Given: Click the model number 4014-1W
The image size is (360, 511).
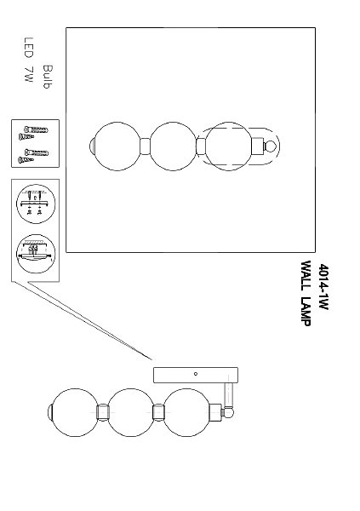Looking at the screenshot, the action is (x=323, y=286).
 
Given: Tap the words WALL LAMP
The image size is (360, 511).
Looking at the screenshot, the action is (x=306, y=293).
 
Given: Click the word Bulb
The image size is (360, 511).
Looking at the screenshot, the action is (x=48, y=77).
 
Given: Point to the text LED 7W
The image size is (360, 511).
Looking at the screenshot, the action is (x=29, y=60).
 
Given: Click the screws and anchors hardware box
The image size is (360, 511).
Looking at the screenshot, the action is (x=35, y=143).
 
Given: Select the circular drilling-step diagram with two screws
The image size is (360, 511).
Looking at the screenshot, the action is (x=36, y=204).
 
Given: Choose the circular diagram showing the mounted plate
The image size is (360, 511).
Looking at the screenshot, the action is (x=36, y=253).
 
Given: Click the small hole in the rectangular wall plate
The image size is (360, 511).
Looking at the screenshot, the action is (x=196, y=374).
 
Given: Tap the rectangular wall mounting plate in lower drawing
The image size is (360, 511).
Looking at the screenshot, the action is (x=196, y=375).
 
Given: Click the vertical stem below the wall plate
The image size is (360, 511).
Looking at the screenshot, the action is (x=229, y=395).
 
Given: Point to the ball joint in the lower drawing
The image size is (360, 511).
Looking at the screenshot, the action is (x=228, y=412).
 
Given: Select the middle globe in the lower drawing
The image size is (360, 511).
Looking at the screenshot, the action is (x=131, y=412).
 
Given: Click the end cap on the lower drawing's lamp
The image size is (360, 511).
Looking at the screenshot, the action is (x=50, y=412).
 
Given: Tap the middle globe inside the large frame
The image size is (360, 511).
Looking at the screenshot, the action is (x=173, y=146).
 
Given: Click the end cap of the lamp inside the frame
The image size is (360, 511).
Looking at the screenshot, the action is (x=92, y=146).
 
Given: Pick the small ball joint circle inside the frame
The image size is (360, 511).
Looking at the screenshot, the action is (x=270, y=146).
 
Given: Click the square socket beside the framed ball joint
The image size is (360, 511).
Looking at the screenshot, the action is (x=257, y=146).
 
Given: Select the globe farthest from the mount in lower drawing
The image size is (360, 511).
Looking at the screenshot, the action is (x=75, y=412).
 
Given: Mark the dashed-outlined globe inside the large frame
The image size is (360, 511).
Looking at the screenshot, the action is (x=229, y=146).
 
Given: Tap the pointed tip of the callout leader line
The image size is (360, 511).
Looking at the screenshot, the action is (x=152, y=360).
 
